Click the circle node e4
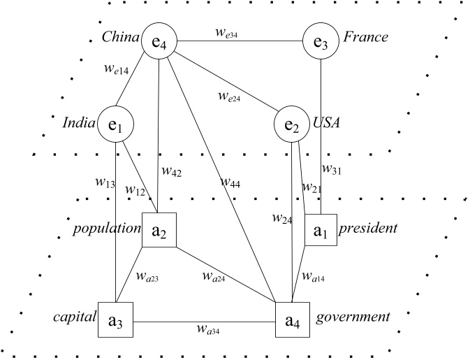159,42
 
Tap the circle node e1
115,124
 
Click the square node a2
159,231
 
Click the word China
119,36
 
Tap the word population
107,228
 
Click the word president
369,228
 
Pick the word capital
73,317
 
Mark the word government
352,317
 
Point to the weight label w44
231,182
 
